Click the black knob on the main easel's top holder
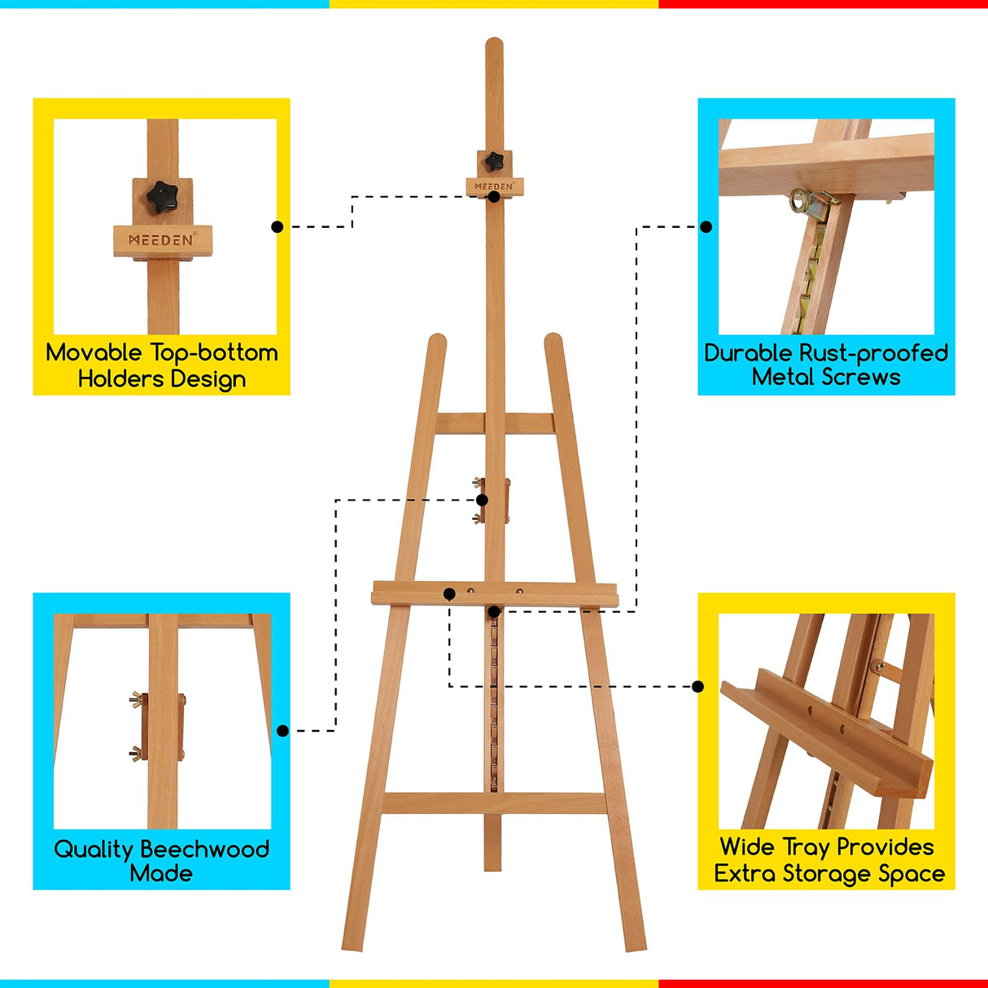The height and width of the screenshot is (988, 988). pyautogui.click(x=492, y=161)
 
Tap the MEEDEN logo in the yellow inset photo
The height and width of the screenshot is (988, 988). pyautogui.click(x=162, y=240)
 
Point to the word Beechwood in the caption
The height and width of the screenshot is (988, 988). pyautogui.click(x=215, y=849)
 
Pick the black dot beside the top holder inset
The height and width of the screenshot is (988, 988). pyautogui.click(x=278, y=227)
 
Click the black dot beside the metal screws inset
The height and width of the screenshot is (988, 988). pyautogui.click(x=706, y=227)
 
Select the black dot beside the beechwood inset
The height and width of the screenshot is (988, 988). pyautogui.click(x=282, y=731)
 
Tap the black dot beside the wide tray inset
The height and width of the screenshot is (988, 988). pyautogui.click(x=697, y=687)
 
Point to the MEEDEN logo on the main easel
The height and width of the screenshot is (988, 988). pyautogui.click(x=494, y=186)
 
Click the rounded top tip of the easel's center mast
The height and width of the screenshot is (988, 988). pyautogui.click(x=494, y=42)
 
